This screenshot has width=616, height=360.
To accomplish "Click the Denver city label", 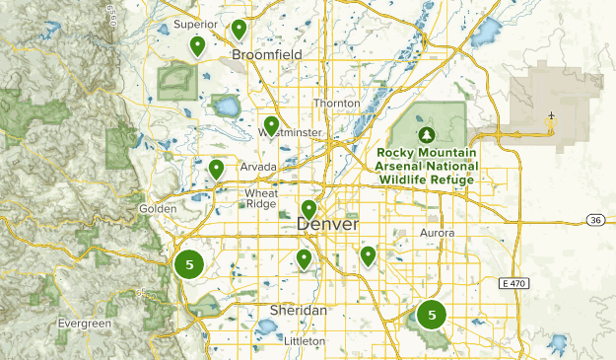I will [x=328, y=225].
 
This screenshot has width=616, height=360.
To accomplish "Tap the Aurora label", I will [x=439, y=233].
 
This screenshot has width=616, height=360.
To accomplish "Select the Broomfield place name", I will [x=264, y=55].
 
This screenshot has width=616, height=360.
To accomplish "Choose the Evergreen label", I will [x=84, y=324].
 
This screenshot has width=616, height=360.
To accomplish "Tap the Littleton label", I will [x=304, y=341].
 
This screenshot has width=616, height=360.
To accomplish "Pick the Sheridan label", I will [x=298, y=310].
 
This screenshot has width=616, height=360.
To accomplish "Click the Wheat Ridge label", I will [x=261, y=198].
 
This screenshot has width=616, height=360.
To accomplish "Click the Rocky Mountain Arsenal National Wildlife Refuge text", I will [x=425, y=167].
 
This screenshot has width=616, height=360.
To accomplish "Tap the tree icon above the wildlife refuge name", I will [x=426, y=135].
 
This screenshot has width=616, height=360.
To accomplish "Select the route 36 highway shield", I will [x=594, y=219].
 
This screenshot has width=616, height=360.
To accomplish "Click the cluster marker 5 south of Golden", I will [x=189, y=264].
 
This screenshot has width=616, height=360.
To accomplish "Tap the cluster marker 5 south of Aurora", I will [x=432, y=315].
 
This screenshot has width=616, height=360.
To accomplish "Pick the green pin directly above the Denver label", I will [x=308, y=209].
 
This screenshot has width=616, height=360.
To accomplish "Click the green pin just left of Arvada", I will [x=216, y=169].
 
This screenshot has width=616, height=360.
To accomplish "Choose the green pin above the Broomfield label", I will [x=239, y=29].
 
